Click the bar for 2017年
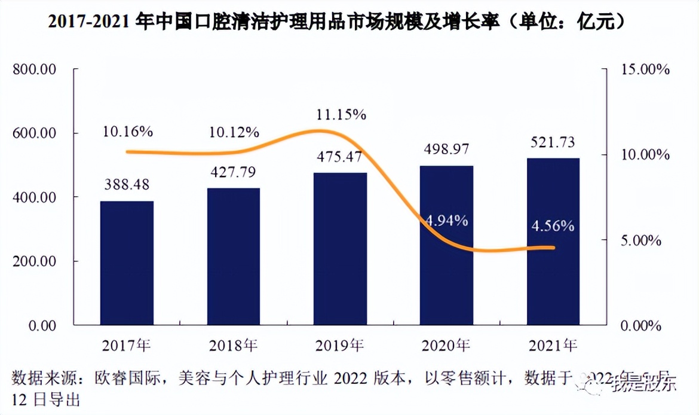(127, 263)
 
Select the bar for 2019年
(341, 249)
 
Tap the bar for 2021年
(553, 242)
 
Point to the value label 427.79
(234, 173)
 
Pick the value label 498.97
(447, 148)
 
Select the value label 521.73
(553, 142)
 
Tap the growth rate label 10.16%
(127, 132)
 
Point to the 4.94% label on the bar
(447, 221)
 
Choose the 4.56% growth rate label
(553, 227)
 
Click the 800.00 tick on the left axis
(34, 69)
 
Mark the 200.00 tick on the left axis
(34, 261)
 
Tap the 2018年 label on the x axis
(234, 345)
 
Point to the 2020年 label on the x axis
(447, 345)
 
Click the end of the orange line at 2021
(553, 248)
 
